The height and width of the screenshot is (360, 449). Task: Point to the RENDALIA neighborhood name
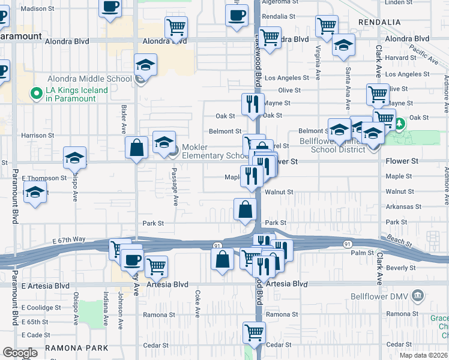[x=379, y=22]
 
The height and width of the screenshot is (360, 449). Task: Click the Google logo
[x=20, y=353]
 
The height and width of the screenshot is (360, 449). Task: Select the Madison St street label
[x=41, y=9]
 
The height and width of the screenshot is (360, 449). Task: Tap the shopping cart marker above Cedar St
[x=255, y=331]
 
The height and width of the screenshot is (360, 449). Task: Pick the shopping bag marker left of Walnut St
[x=245, y=209]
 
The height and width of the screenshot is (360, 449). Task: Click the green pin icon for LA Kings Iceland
[x=37, y=94]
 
